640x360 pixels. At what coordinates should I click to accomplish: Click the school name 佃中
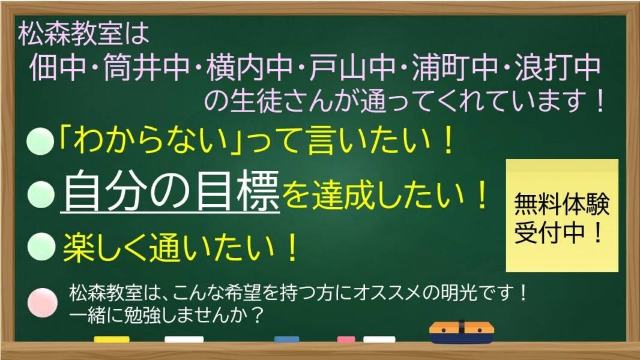58,67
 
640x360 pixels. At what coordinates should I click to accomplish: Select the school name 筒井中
146,67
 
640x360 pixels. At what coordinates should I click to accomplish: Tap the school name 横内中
249,67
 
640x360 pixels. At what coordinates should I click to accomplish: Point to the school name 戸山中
352,67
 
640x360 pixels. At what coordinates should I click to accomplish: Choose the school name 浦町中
454,67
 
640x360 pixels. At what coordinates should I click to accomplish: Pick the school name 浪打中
558,67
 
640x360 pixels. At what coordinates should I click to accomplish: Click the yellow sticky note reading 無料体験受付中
562,215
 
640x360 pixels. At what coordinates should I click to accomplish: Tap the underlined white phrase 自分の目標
170,191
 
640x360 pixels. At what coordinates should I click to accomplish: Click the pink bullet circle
43,302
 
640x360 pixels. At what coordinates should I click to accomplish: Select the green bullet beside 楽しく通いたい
41,246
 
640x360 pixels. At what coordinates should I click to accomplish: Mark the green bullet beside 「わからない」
40,140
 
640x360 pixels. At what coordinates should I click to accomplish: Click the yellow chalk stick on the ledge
112,339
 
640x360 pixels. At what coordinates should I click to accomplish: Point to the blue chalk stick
286,339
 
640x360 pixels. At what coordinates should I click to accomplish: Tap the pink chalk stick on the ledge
346,339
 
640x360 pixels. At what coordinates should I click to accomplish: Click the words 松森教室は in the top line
83,34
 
